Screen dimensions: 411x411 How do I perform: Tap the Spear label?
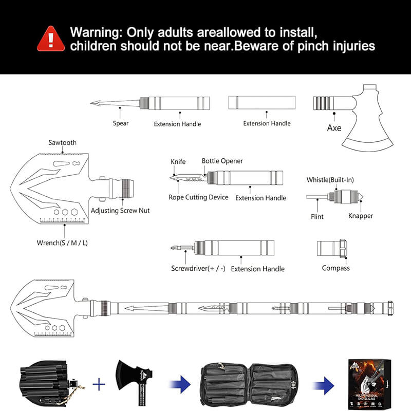121,123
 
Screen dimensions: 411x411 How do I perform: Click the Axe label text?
334,127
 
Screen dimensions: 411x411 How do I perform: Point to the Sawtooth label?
62,142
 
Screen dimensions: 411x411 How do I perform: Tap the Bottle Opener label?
222,161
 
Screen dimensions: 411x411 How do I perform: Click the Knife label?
178,162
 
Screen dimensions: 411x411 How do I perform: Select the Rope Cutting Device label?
198,197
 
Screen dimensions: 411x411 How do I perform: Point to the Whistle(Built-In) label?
330,180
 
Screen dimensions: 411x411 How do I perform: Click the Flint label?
317,217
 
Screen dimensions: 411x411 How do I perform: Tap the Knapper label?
360,216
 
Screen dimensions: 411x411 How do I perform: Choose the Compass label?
335,268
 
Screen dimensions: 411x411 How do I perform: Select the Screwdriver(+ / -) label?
198,269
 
